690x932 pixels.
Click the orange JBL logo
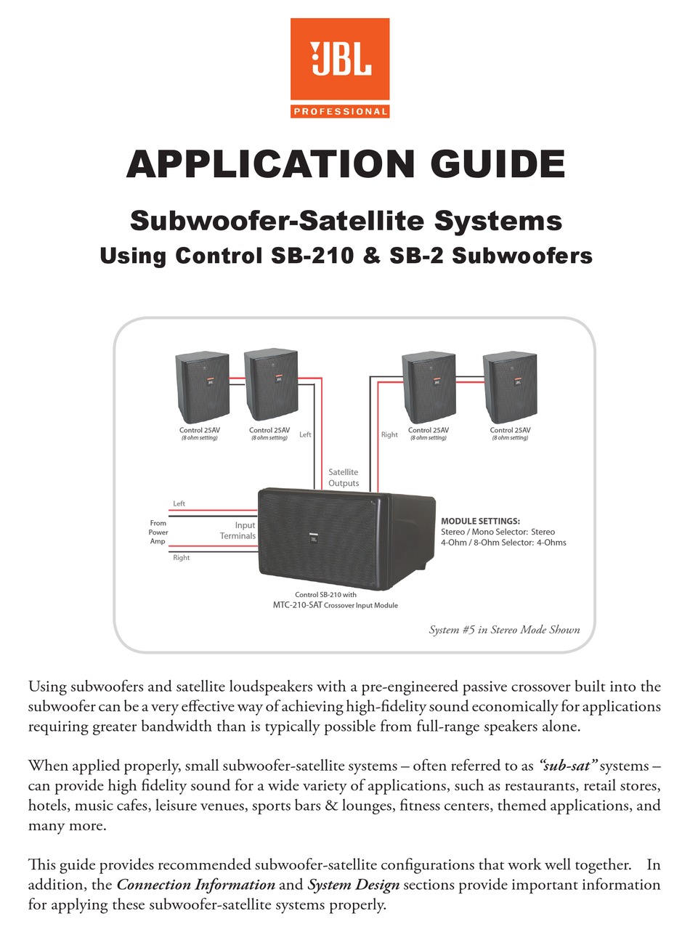click(339, 61)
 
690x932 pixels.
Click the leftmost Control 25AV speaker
click(202, 387)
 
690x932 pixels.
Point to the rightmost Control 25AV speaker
click(510, 387)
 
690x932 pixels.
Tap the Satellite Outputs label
click(344, 477)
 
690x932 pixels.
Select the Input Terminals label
click(238, 530)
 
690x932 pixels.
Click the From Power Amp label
click(158, 532)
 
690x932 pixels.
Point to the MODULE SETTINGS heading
click(480, 521)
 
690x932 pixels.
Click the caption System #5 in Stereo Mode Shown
click(504, 630)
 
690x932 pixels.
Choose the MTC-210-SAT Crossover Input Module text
click(330, 604)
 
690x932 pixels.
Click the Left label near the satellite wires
click(305, 434)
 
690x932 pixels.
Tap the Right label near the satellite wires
click(389, 434)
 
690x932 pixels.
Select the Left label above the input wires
click(179, 503)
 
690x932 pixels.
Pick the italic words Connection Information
click(195, 885)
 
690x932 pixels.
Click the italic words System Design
click(353, 885)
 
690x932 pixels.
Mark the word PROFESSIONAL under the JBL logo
click(339, 111)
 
